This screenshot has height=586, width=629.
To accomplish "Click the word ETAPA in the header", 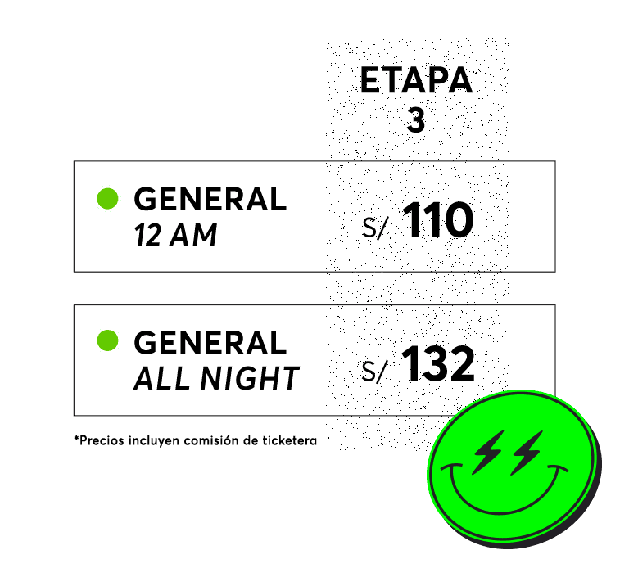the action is [416, 80].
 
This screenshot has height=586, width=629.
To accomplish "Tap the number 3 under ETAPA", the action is [415, 119].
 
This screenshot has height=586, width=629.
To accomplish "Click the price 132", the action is [438, 363].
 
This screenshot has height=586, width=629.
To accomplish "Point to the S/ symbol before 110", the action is [374, 228].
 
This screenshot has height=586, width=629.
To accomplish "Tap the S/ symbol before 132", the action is [374, 372].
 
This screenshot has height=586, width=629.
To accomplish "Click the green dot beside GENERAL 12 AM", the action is [107, 199].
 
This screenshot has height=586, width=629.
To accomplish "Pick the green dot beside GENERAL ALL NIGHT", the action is [107, 340].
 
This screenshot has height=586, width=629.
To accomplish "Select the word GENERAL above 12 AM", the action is [210, 199].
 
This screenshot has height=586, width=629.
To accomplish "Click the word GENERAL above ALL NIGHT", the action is [210, 343].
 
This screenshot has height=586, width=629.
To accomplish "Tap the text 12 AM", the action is [176, 235].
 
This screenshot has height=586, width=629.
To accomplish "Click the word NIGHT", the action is [250, 378].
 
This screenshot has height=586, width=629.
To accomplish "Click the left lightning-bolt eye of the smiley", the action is [488, 453].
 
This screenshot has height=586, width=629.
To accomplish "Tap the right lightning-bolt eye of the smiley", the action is [527, 453].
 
